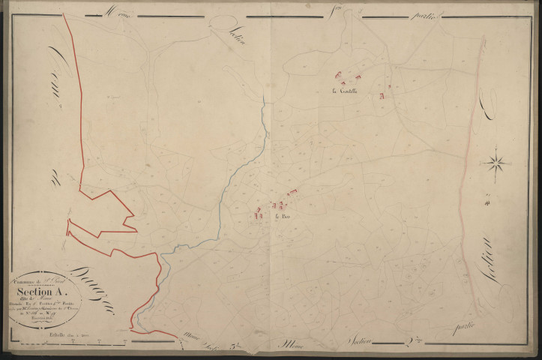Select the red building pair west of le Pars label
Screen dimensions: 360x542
click(x=259, y=215)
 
